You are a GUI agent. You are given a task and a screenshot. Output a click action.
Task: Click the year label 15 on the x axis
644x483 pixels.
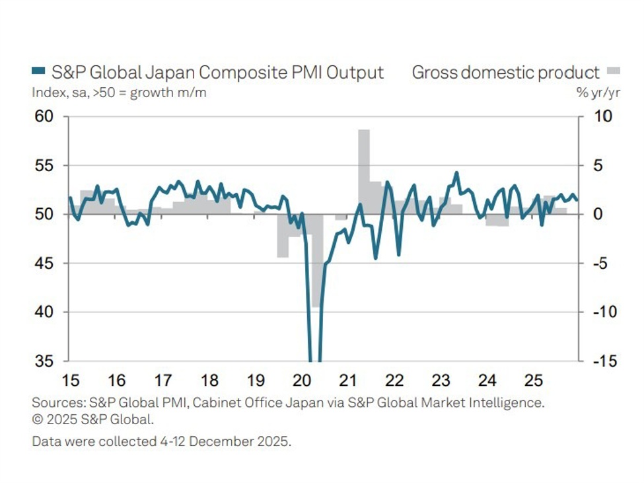(x=71, y=381)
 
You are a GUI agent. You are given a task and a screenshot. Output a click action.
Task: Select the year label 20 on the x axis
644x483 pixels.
(x=301, y=381)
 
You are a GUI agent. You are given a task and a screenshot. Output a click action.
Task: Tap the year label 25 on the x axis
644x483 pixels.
(x=533, y=381)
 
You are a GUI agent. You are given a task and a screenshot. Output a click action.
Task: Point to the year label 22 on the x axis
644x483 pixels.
(x=394, y=381)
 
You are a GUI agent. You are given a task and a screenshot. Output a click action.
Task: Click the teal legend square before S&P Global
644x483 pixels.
(x=38, y=73)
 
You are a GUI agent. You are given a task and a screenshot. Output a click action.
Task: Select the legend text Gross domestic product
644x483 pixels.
(x=505, y=73)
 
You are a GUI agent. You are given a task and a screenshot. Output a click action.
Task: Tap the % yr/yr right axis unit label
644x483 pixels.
(x=598, y=93)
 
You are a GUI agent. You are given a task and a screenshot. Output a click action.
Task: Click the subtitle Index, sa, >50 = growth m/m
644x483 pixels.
(x=119, y=93)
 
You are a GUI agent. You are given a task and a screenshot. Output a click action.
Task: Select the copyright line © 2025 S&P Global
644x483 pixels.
(x=92, y=419)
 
